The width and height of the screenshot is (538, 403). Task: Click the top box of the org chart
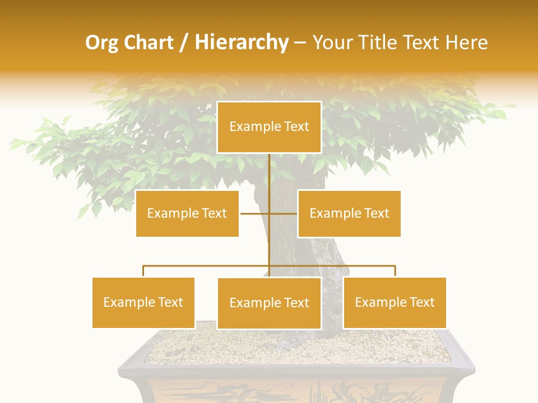coord(269,127)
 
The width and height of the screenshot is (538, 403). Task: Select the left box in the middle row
coord(187,213)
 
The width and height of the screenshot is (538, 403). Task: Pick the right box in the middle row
coord(349,213)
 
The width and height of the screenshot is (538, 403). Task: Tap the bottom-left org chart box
coord(143,302)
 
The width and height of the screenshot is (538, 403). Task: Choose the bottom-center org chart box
coord(269,303)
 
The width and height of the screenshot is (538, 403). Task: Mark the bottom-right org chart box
coord(395,302)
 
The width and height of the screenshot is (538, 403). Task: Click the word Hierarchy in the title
coord(242,43)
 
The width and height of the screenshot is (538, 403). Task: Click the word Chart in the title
coord(150,43)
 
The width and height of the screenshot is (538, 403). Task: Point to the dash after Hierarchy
coord(300,43)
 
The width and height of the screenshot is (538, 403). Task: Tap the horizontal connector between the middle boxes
coord(255,213)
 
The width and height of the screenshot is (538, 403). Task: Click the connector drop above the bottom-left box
coord(143,271)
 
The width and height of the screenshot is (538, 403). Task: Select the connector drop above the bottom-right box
coord(395,271)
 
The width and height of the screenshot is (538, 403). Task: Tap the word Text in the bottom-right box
coord(421,302)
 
